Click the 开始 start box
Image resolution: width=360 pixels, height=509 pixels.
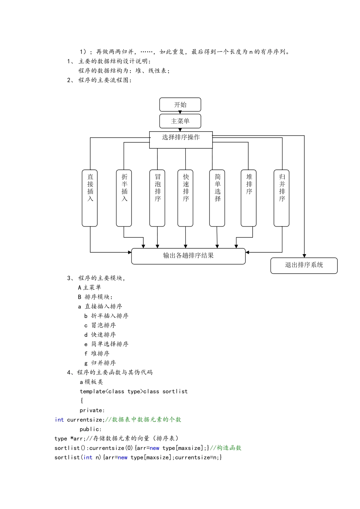coord(180,105)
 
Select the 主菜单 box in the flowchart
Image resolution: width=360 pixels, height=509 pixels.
coord(180,121)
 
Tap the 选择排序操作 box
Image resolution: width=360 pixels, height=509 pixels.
coord(181,140)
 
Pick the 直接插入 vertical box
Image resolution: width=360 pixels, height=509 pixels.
coord(89,198)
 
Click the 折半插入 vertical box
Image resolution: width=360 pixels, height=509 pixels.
coord(124,198)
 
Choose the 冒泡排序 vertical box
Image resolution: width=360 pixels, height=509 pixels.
coord(157,198)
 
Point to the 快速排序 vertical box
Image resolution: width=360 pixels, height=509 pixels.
coord(185,198)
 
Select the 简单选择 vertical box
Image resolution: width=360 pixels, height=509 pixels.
coord(217,198)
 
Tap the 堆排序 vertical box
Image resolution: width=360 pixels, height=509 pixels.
coord(249,198)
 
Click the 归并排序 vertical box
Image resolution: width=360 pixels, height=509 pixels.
coord(282,198)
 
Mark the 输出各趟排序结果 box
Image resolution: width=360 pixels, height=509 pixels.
coord(188,256)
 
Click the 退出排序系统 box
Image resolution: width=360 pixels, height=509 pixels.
coord(304,265)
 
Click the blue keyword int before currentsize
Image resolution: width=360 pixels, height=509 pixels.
coord(59,420)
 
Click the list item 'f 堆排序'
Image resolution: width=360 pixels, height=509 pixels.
coord(97,354)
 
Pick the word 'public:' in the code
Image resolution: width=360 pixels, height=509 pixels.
coord(91,429)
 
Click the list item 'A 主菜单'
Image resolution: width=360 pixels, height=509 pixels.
coord(89,287)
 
